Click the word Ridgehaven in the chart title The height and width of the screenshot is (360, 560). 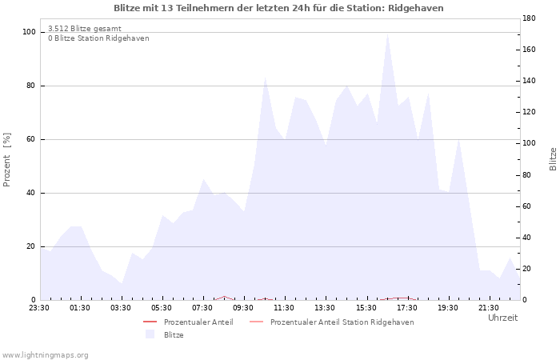[416, 8]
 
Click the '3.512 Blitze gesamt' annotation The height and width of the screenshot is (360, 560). [85, 29]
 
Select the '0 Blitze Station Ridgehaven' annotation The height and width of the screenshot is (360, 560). [98, 38]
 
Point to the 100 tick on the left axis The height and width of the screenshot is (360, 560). [29, 32]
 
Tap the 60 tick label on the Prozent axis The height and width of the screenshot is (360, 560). [30, 139]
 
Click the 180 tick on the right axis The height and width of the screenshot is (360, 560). [529, 18]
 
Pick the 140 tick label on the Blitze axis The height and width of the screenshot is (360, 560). [529, 81]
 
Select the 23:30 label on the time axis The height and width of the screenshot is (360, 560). [39, 308]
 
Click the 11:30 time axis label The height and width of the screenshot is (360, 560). [284, 308]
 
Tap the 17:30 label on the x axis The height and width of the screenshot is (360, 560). [406, 308]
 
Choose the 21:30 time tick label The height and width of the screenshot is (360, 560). [489, 308]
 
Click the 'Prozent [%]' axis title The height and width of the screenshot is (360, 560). [6, 160]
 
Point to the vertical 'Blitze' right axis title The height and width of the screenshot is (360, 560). [553, 159]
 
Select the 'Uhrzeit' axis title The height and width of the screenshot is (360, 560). [503, 318]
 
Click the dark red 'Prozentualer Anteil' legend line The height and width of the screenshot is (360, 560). [150, 322]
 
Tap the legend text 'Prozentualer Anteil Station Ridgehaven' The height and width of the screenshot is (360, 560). [342, 322]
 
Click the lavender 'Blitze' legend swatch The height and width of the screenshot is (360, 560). [150, 334]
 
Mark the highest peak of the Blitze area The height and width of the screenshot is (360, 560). [387, 34]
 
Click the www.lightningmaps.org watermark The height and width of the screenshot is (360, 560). [45, 355]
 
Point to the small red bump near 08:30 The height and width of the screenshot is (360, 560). [224, 297]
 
